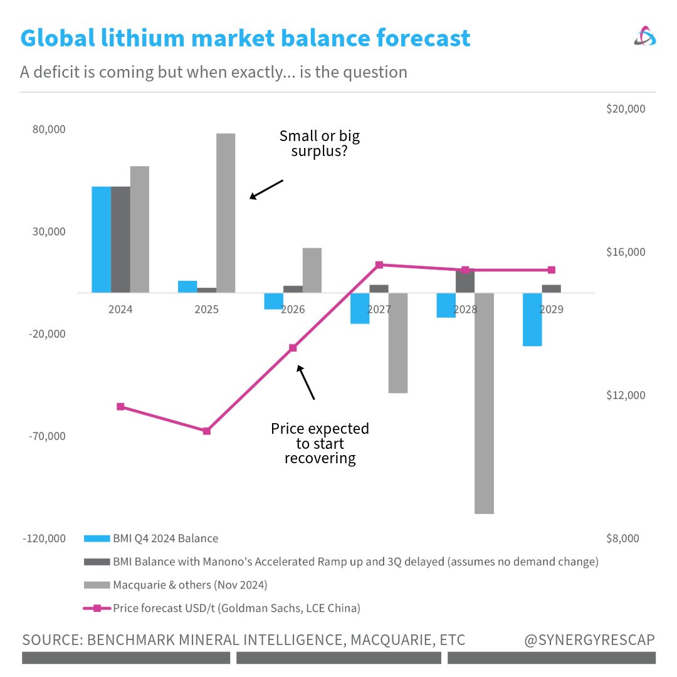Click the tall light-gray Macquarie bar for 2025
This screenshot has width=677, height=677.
(226, 213)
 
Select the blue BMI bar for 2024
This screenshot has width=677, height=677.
(101, 239)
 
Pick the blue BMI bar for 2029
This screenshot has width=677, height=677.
(533, 319)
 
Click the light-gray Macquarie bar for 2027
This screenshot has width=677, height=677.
(398, 343)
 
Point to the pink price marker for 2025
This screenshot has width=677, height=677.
(206, 431)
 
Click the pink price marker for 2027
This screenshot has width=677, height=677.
(379, 265)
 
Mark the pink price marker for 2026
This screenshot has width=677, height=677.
(293, 347)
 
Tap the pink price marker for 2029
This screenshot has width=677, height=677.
(552, 270)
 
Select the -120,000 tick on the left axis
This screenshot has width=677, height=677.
(44, 538)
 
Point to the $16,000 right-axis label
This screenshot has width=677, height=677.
(626, 252)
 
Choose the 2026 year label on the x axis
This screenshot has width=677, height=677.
(293, 309)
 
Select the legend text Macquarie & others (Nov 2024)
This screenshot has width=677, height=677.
(190, 585)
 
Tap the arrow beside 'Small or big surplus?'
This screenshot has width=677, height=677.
(266, 189)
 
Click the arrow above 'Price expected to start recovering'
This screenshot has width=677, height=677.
(306, 382)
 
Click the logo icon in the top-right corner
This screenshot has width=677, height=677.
(645, 38)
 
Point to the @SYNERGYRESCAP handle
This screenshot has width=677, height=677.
(590, 640)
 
